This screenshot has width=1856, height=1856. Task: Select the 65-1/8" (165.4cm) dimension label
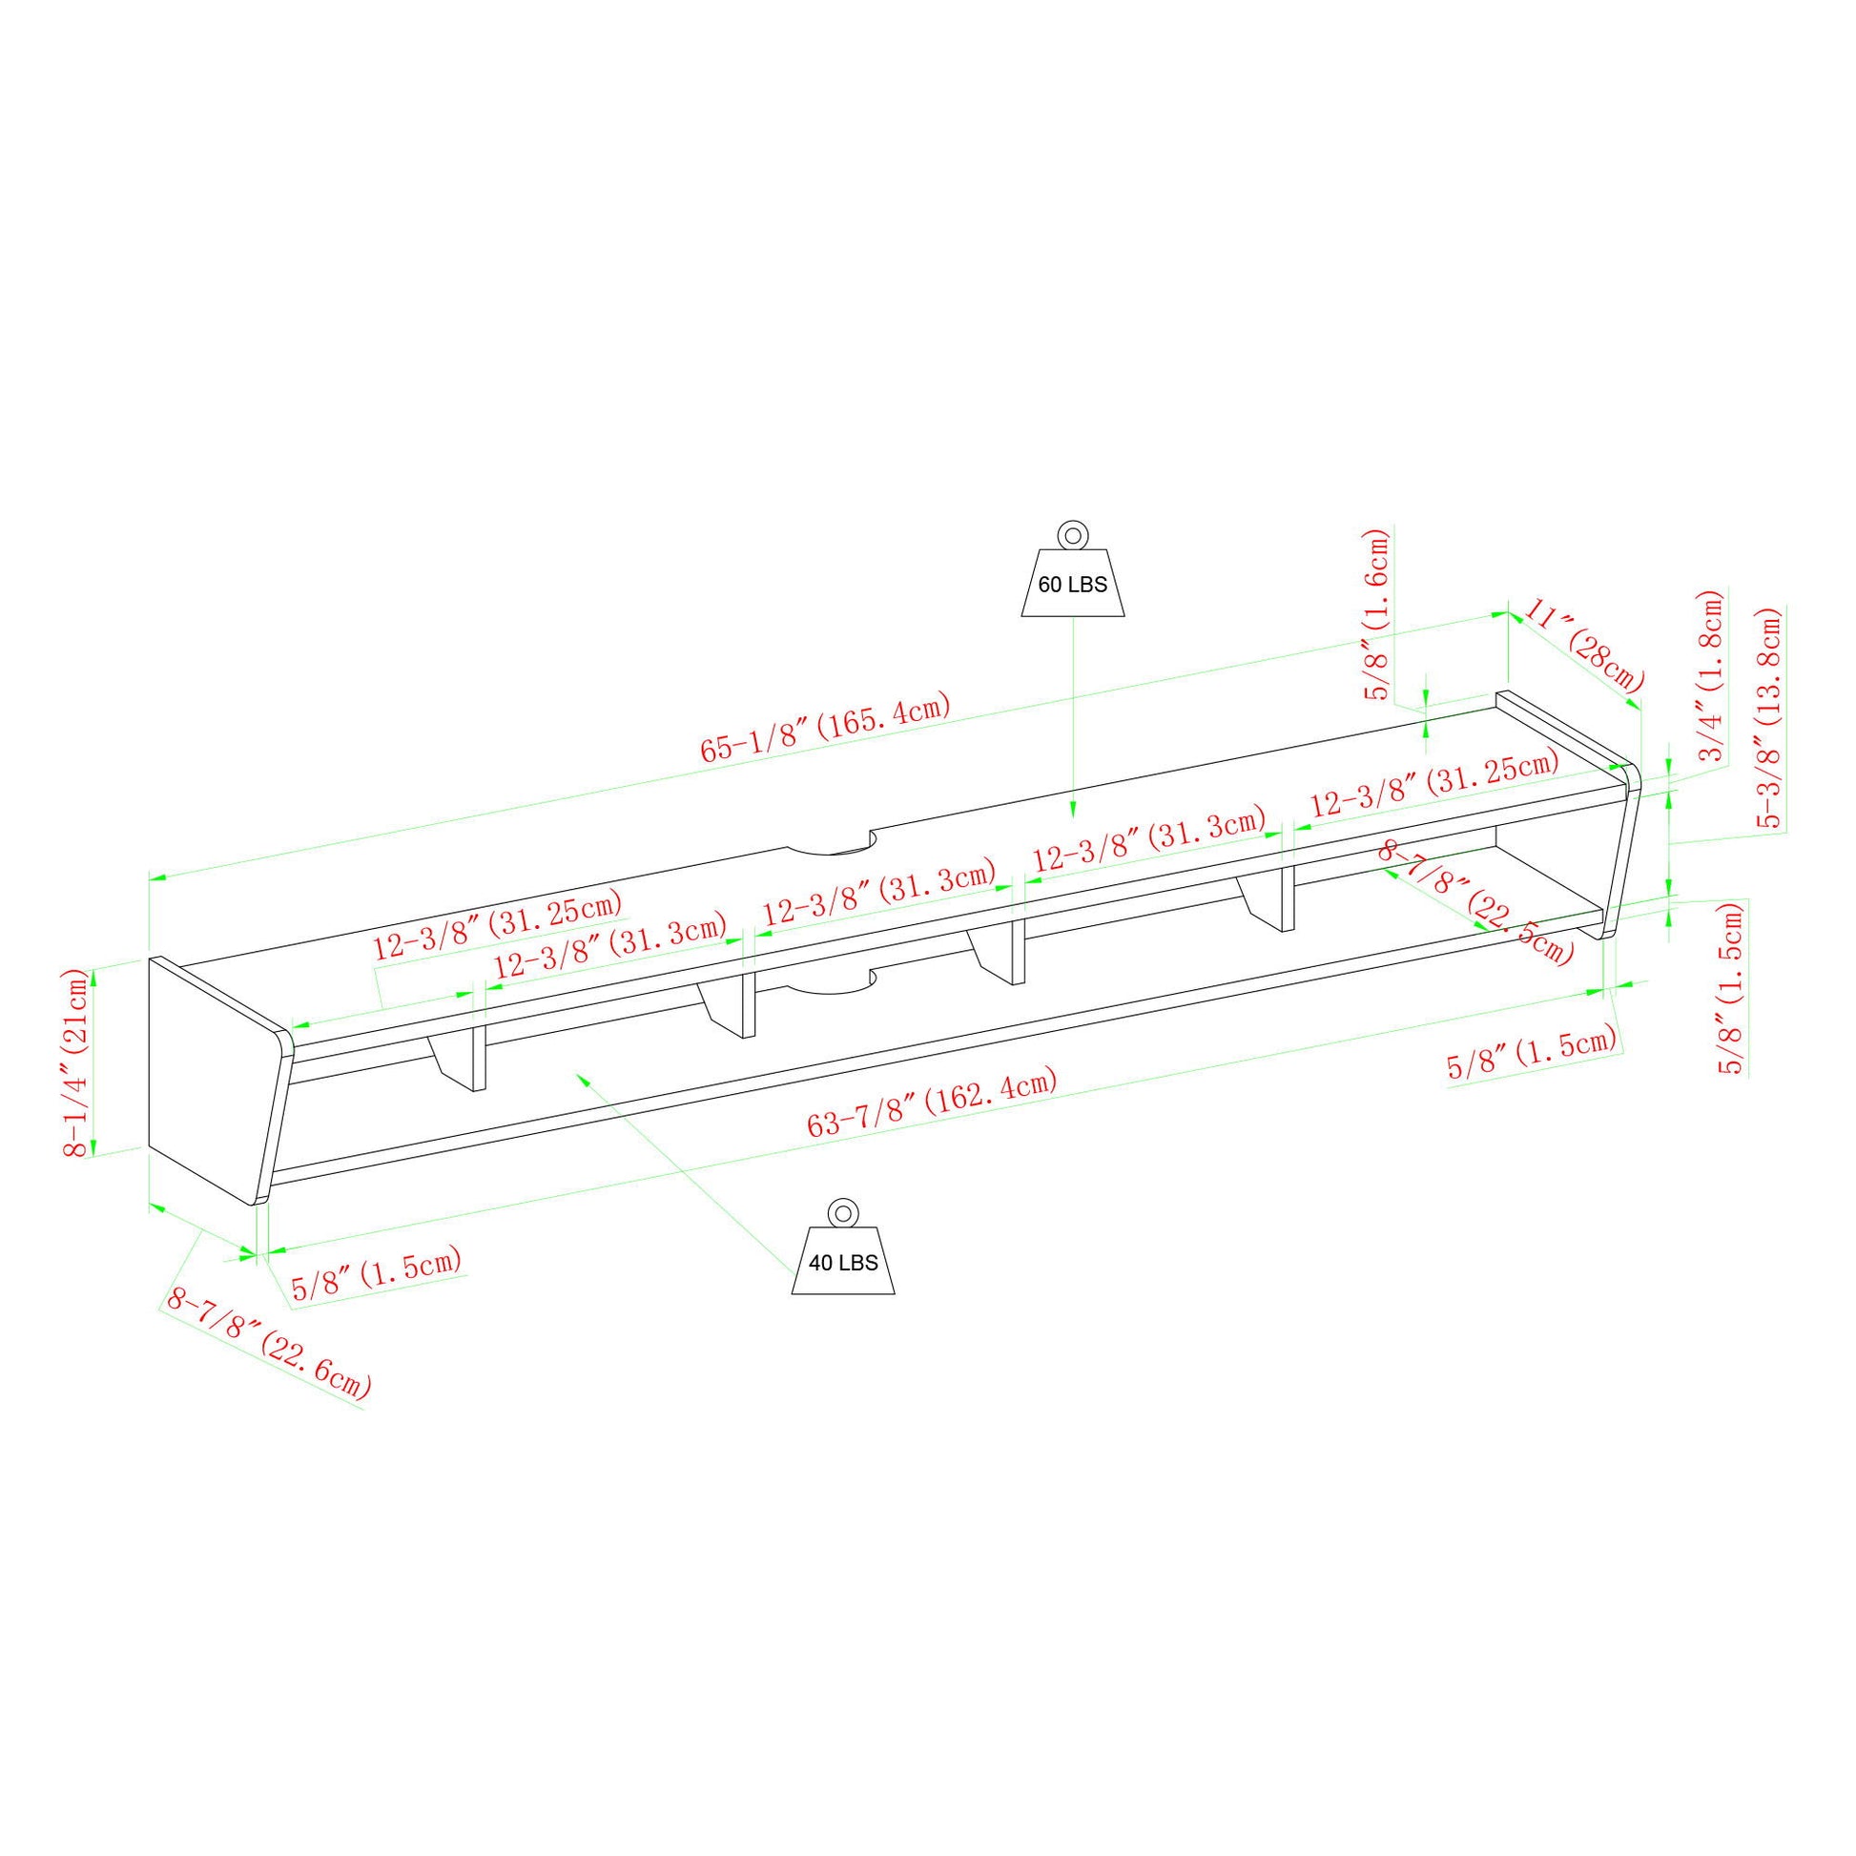click(x=825, y=727)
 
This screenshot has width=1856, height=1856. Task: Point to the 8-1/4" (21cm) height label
click(x=76, y=1062)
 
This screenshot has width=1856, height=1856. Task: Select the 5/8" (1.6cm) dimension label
click(x=1378, y=614)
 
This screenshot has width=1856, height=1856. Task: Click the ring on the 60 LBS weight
click(x=1072, y=533)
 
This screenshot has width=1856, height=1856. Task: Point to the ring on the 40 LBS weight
click(x=842, y=1212)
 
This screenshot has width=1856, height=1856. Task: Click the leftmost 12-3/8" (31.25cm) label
click(x=498, y=923)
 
